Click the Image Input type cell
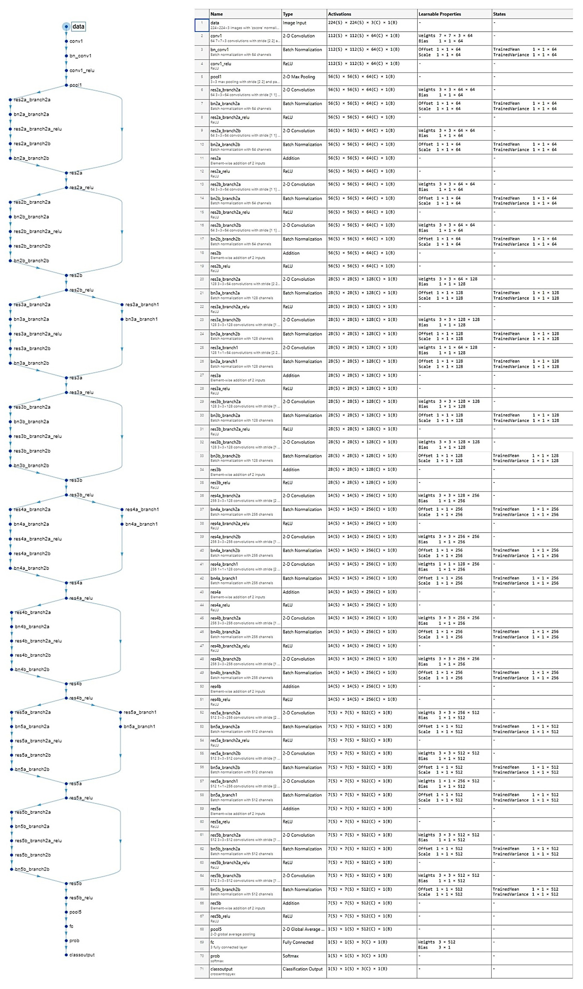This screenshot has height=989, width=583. (294, 23)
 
